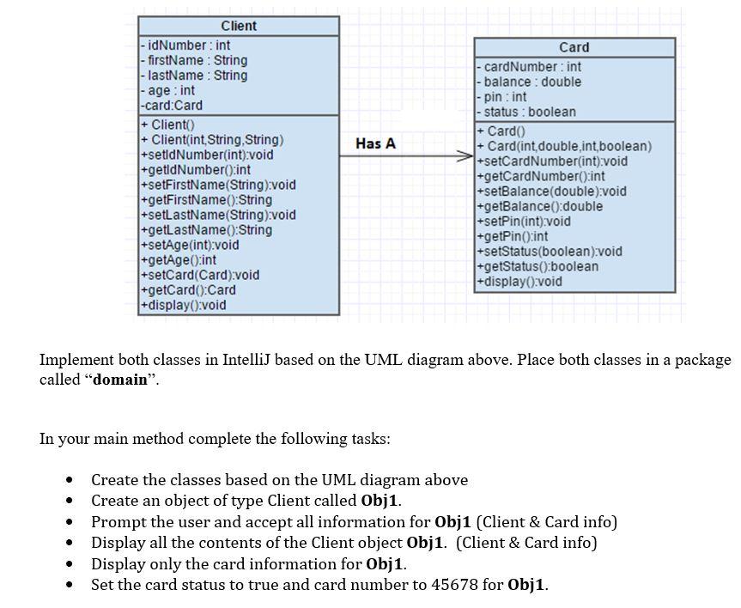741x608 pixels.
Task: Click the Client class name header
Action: pyautogui.click(x=238, y=26)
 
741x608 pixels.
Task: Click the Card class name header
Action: pyautogui.click(x=574, y=47)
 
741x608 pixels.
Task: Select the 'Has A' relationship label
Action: pyautogui.click(x=375, y=143)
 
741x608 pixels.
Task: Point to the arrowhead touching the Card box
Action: pyautogui.click(x=468, y=156)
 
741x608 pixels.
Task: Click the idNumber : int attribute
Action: pyautogui.click(x=185, y=45)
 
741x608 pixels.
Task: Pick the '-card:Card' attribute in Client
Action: pyautogui.click(x=172, y=105)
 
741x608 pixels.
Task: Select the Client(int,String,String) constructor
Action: pyautogui.click(x=212, y=139)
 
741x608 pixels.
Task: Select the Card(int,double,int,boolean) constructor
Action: pyautogui.click(x=565, y=146)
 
